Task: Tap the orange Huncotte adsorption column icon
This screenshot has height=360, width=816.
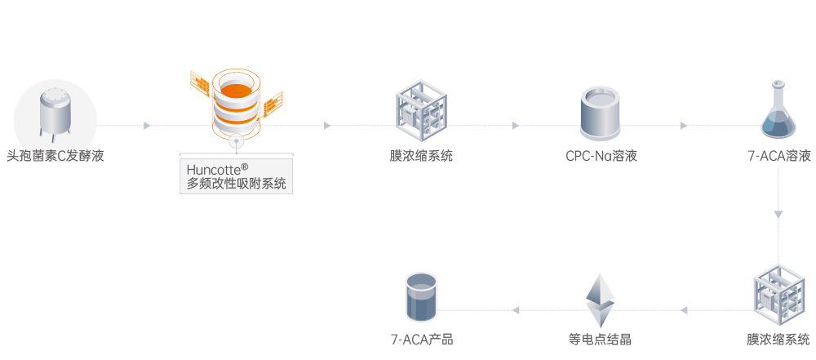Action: (236, 102)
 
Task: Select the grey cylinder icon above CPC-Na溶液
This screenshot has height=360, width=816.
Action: (601, 114)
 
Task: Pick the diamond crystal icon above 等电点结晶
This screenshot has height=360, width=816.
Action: (600, 300)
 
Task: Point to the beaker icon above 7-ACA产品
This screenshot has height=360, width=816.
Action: (421, 297)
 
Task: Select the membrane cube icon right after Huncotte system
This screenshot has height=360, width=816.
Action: (421, 113)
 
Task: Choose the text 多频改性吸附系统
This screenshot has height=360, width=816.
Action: (237, 184)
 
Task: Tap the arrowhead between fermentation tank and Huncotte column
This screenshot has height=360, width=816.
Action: (147, 126)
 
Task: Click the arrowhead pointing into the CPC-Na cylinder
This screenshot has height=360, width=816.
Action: (516, 126)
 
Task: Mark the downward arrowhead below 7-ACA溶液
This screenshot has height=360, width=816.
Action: (778, 215)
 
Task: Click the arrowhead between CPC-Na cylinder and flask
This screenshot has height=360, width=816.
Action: (684, 126)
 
